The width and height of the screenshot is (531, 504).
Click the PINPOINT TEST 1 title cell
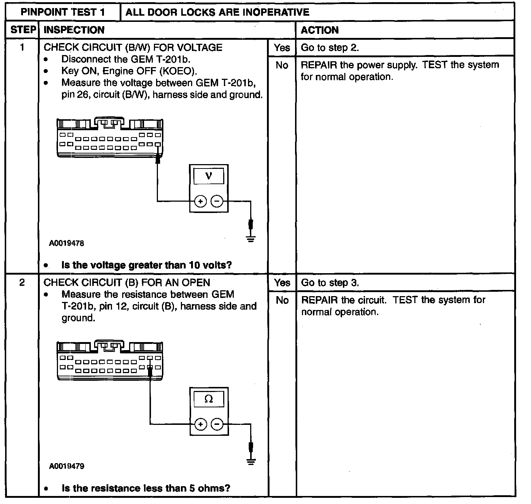click(63, 12)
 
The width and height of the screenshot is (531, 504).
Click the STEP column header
click(22, 30)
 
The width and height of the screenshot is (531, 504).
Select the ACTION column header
click(319, 30)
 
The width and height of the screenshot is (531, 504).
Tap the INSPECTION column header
click(74, 30)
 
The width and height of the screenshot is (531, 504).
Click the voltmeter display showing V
click(209, 176)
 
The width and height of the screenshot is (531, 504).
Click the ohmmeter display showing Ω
click(209, 399)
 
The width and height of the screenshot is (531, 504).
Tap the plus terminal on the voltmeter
click(200, 201)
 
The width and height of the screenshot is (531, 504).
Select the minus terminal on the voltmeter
click(217, 201)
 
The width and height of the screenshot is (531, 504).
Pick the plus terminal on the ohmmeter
click(201, 424)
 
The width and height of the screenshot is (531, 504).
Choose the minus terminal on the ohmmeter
click(217, 424)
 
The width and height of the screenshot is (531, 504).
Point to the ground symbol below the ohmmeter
click(251, 461)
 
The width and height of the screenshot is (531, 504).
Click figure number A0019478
click(66, 243)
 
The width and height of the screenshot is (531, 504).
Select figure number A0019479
click(66, 466)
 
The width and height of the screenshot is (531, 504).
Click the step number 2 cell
click(22, 283)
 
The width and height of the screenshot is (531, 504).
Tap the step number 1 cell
click(22, 47)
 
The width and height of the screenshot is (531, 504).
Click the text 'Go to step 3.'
click(330, 283)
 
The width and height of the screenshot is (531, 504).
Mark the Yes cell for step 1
click(282, 47)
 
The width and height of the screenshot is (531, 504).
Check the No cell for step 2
click(282, 300)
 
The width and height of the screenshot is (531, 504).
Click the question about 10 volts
click(147, 265)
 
